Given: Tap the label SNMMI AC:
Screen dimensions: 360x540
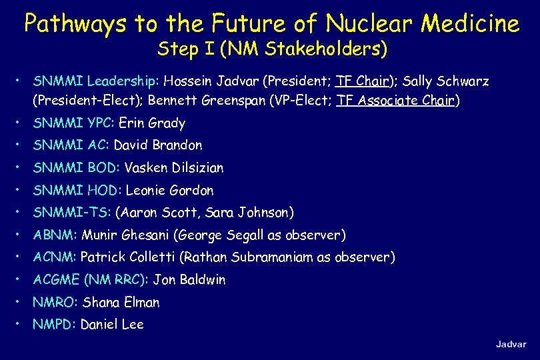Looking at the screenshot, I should coord(71,145).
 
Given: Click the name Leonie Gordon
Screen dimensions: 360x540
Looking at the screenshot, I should coord(169,191).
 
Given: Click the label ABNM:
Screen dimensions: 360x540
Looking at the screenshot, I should coord(56,235).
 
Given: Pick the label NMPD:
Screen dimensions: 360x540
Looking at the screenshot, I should coord(55,325).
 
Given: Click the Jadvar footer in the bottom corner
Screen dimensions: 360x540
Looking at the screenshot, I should coord(510,344).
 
